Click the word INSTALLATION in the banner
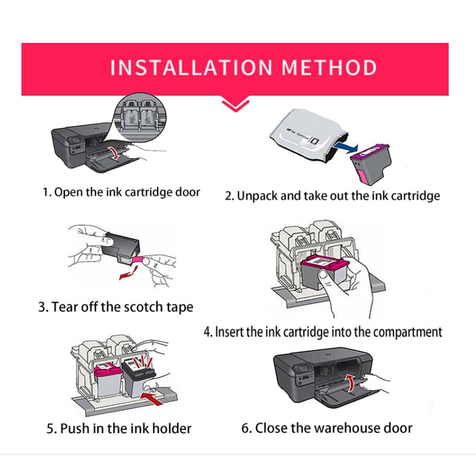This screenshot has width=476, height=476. pos(191,68)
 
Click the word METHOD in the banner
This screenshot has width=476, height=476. pos(329,68)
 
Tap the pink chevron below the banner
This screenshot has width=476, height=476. pos(235,105)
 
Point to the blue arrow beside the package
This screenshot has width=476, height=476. pos(345,149)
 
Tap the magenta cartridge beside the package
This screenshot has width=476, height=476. pos(371,164)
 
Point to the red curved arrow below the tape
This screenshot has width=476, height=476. pos(128,273)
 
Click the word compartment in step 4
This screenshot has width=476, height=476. pos(407,332)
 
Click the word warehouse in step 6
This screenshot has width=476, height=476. pos(336,428)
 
